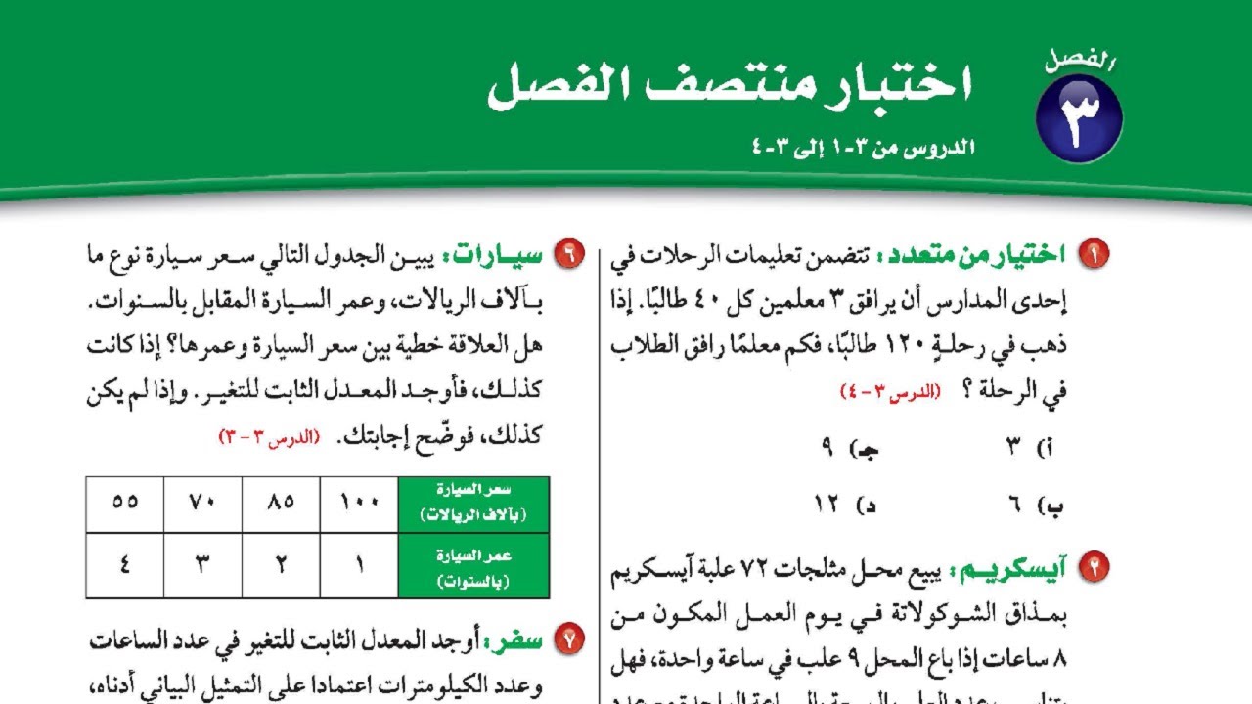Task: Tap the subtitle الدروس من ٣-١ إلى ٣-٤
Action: (x=861, y=148)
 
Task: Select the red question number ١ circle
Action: (x=1093, y=255)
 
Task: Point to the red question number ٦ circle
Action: (x=567, y=255)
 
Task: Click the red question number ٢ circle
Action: (x=1093, y=566)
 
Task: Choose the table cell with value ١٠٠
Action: (x=359, y=505)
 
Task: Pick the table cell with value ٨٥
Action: (x=281, y=505)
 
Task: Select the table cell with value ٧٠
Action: (x=202, y=505)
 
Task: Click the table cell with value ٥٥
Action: (x=125, y=505)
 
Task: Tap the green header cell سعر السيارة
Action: (x=473, y=505)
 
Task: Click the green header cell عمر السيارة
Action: (x=473, y=566)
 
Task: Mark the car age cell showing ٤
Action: (x=125, y=566)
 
